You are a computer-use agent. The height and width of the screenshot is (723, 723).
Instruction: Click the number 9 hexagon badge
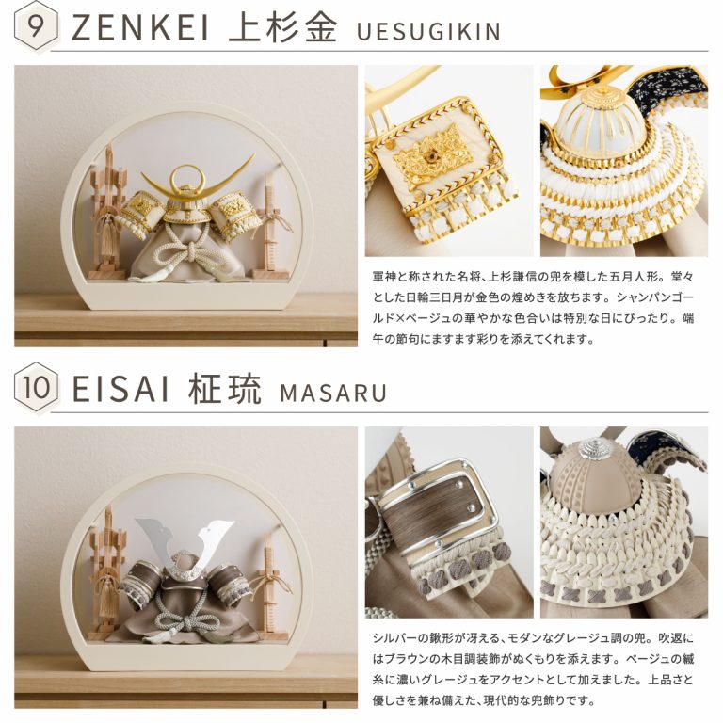point(36,26)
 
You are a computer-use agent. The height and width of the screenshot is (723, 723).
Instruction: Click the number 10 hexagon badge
point(36,387)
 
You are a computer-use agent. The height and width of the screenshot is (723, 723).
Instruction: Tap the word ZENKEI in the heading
point(139,27)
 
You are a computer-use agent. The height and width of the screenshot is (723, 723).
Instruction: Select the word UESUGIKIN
point(428,31)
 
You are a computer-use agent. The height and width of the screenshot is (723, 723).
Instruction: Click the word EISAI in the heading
point(120,389)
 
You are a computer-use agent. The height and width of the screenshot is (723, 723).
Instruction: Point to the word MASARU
point(333,393)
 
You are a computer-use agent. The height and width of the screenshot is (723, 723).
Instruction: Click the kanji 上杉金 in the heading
point(282,26)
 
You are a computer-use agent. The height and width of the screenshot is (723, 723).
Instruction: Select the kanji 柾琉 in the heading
point(225,388)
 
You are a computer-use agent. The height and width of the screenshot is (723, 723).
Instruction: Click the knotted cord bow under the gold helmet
point(188,252)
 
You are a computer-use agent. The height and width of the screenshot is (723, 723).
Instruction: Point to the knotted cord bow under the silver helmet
point(186,611)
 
